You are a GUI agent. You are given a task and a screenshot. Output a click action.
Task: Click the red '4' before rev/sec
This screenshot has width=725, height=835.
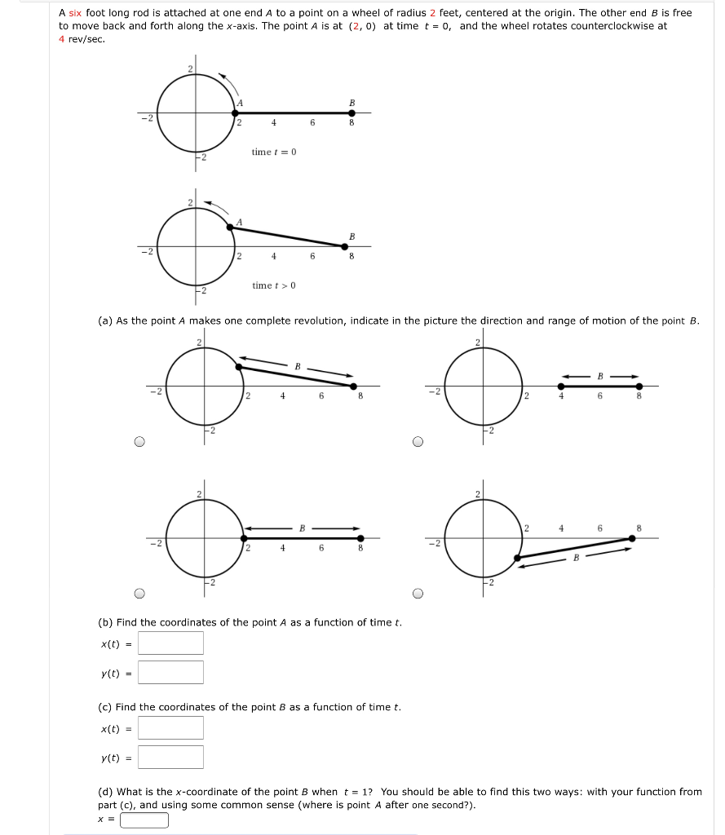click(x=62, y=39)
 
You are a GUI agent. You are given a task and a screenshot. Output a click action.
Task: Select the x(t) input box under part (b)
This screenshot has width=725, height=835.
click(x=170, y=643)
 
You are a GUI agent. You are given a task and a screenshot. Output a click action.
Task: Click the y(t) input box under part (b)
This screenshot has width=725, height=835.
click(x=170, y=672)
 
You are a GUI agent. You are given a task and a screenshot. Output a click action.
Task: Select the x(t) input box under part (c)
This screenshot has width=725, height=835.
click(x=170, y=727)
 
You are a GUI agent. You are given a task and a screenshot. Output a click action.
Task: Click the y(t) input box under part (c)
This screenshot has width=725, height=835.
click(x=170, y=757)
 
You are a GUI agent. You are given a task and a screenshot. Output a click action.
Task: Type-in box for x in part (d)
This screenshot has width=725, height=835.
click(x=144, y=820)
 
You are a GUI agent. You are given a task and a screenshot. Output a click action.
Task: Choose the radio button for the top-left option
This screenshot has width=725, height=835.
click(x=139, y=442)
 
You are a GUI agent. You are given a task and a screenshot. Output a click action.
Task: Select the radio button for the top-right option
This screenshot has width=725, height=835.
click(x=418, y=442)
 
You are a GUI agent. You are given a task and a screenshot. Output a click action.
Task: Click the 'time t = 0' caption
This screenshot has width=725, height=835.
click(x=274, y=152)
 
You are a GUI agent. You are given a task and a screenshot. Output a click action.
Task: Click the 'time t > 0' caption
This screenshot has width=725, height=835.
click(x=274, y=285)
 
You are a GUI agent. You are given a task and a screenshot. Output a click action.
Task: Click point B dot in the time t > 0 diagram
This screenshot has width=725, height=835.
click(x=351, y=246)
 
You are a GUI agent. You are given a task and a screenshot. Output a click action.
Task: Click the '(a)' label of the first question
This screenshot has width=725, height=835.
click(x=105, y=321)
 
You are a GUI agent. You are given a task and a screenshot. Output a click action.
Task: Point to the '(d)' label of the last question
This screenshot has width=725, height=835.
click(x=105, y=792)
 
